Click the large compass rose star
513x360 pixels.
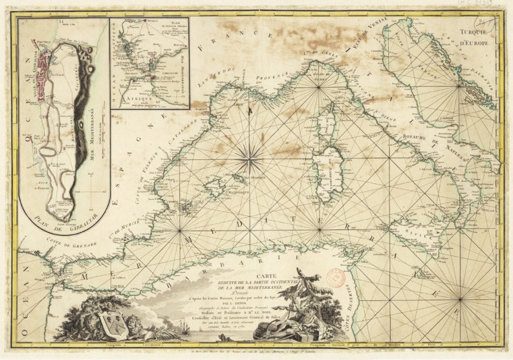coord(249,160)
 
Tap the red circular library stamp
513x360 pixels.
coord(337,277)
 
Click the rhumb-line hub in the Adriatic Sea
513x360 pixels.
coord(459,87)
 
